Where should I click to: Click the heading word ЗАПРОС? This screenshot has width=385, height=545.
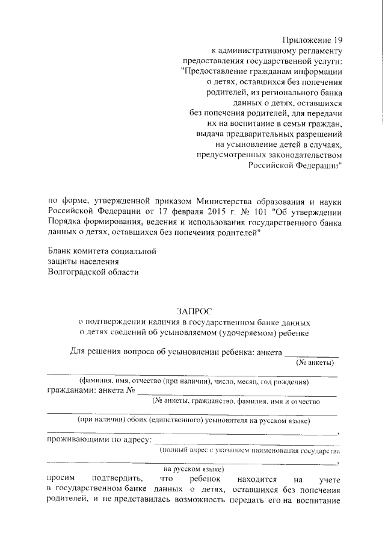(193, 311)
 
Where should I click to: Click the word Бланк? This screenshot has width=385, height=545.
(60, 251)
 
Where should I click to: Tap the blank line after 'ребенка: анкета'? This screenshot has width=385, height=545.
(310, 357)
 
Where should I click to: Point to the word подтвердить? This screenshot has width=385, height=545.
(117, 479)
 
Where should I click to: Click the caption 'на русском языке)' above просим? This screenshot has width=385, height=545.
(194, 469)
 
